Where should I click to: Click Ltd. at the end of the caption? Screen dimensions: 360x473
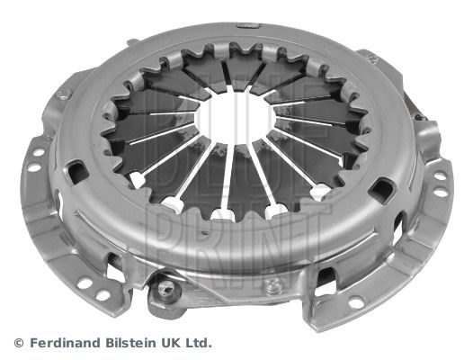pos(199,343)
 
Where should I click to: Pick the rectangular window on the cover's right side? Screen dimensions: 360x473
pos(386,189)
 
